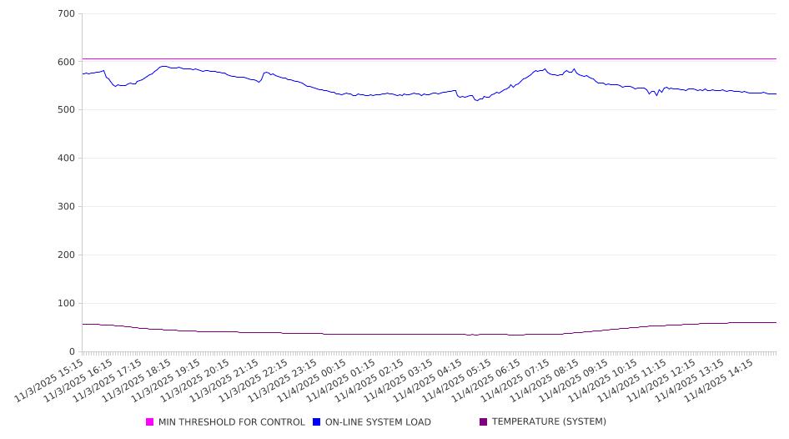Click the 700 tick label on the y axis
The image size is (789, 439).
pos(66,14)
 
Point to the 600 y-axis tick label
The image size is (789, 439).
pos(66,63)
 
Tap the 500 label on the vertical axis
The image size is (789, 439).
pos(66,110)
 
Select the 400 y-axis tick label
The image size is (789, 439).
pos(66,159)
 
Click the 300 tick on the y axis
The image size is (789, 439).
pos(66,207)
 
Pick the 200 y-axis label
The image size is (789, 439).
pos(66,255)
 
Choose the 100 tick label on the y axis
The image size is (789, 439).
pos(66,304)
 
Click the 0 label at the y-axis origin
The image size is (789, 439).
pos(72,351)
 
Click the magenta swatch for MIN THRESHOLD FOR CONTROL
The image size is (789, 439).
pos(150,422)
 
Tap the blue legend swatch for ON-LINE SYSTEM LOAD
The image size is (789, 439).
pos(317,422)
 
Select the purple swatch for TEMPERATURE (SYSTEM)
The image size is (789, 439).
pos(484,422)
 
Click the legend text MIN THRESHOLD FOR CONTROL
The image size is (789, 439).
pos(231,422)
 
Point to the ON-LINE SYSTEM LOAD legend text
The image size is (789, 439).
pos(378,422)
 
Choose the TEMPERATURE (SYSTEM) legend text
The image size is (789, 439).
pos(549,422)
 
